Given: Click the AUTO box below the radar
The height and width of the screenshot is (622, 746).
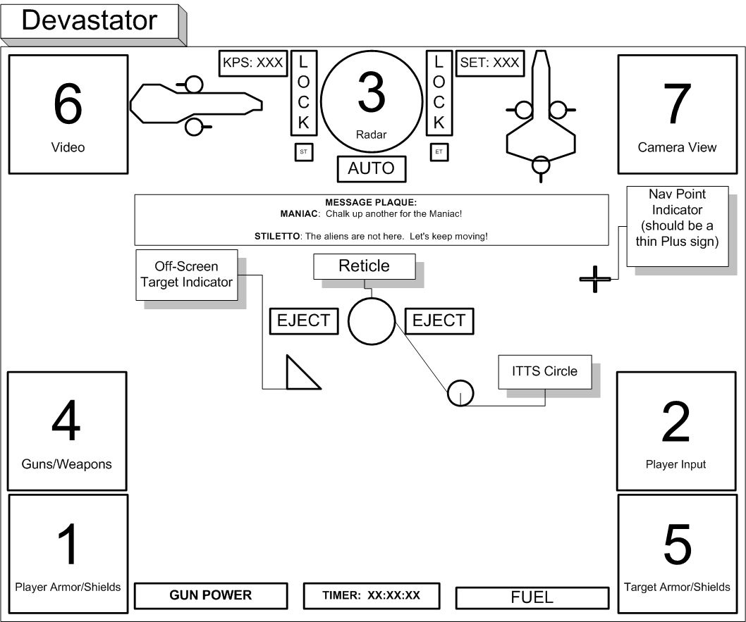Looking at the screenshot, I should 372,169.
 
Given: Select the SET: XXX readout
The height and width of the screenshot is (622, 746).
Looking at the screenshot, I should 489,63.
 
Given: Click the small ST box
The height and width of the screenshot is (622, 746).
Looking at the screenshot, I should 303,151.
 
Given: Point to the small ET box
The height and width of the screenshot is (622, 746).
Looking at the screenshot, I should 434,151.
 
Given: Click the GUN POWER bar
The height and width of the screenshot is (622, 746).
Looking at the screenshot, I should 210,595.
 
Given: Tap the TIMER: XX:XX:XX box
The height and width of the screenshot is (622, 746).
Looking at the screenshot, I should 372,595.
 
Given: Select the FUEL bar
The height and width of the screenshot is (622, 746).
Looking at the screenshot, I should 532,597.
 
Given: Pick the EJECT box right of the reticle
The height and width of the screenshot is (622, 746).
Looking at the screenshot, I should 439,321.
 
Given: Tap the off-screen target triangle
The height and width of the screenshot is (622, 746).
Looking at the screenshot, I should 300,375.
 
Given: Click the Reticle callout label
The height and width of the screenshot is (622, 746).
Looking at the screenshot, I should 364,266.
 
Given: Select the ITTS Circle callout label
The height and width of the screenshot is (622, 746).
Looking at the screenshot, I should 544,371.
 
